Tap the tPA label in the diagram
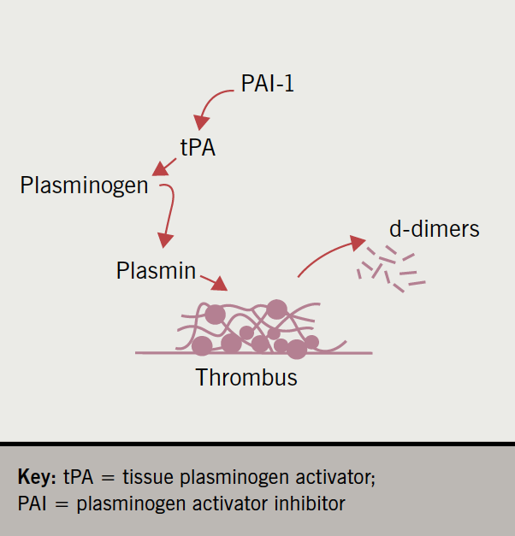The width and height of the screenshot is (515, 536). (198, 147)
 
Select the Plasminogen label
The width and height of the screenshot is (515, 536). (84, 185)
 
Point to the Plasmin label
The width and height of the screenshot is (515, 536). (156, 271)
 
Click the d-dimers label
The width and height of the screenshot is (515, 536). (434, 229)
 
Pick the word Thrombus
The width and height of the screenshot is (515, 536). (246, 377)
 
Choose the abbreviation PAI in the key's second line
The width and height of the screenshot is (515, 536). (33, 503)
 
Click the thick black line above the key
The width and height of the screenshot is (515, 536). (257, 444)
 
